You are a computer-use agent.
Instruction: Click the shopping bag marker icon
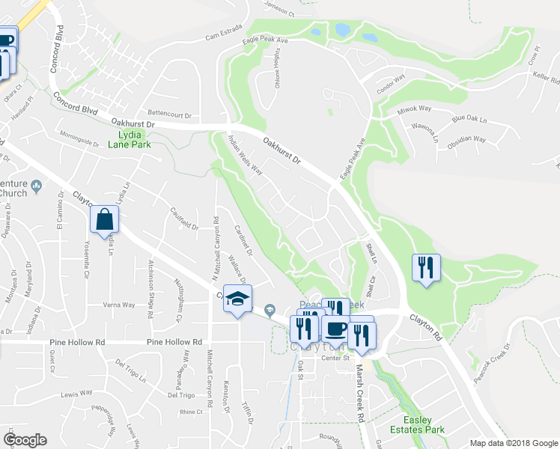pyautogui.click(x=105, y=220)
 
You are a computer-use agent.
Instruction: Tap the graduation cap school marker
pyautogui.click(x=238, y=299)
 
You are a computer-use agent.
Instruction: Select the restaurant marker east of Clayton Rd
pyautogui.click(x=425, y=268)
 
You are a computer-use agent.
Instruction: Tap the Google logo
pyautogui.click(x=25, y=440)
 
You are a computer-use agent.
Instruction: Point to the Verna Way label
pyautogui.click(x=118, y=305)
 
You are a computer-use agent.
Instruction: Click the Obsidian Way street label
pyautogui.click(x=467, y=140)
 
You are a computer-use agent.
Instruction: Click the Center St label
pyautogui.click(x=336, y=358)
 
